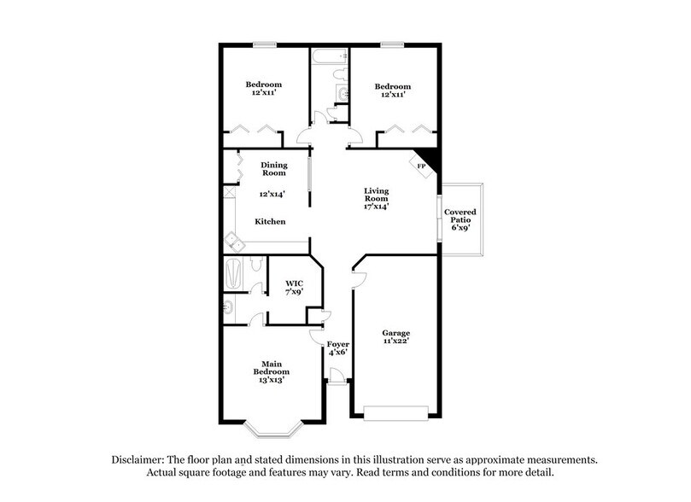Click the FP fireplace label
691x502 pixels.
click(x=420, y=165)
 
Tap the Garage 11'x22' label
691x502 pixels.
click(x=395, y=337)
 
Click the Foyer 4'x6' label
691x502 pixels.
click(x=339, y=348)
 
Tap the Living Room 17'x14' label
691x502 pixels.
click(x=376, y=201)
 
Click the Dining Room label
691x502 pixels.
click(x=273, y=169)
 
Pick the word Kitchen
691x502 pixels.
click(x=270, y=222)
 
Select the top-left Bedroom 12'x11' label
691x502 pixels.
click(x=264, y=90)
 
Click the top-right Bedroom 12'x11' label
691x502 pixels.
click(x=393, y=90)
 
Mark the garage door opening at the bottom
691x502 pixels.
click(x=395, y=413)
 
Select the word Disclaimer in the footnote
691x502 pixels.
click(x=138, y=459)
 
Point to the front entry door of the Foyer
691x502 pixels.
click(x=337, y=376)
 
